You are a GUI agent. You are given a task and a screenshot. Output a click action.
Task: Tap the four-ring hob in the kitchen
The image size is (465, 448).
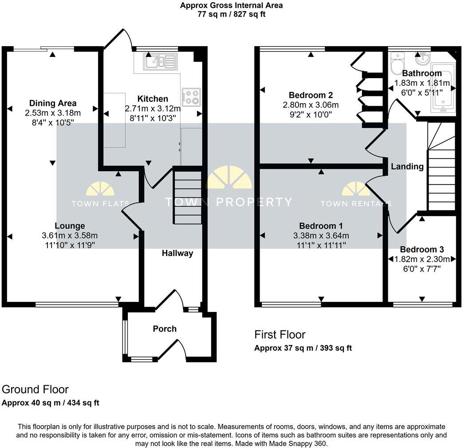[x=191, y=96]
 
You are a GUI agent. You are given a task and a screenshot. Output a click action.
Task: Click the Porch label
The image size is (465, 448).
[x=165, y=329]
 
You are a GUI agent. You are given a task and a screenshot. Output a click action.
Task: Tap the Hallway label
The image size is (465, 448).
[x=177, y=253]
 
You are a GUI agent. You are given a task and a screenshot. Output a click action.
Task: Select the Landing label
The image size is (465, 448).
[x=407, y=167]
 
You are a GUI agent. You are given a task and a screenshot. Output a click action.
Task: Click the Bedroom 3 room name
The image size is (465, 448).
[x=422, y=250]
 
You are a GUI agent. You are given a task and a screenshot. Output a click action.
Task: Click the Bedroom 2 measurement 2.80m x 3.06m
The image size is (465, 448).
[x=311, y=105]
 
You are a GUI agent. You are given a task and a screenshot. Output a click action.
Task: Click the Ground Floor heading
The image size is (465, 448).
[x=35, y=389]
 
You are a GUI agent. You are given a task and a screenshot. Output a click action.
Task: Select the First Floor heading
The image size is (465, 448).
[x=280, y=335]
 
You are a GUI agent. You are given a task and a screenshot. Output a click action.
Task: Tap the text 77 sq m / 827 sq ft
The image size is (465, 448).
[x=231, y=14]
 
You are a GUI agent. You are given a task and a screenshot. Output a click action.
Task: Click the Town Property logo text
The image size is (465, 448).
[x=229, y=202]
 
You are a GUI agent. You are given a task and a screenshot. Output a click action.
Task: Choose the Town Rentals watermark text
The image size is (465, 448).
[x=356, y=204]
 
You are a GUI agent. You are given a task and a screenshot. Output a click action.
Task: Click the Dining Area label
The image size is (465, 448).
[x=53, y=104]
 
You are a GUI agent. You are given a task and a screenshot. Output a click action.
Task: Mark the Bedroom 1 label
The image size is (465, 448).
[x=321, y=226]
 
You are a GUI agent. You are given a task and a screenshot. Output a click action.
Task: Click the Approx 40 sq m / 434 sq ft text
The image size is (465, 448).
[x=51, y=403]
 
